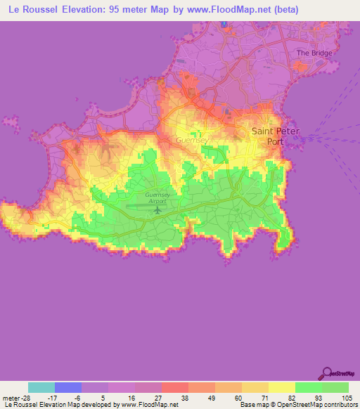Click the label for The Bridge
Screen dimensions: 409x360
pos(313,53)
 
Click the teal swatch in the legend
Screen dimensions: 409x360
pos(41,387)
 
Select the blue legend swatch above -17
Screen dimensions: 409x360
pos(68,387)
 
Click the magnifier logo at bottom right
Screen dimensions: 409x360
pos(326,373)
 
